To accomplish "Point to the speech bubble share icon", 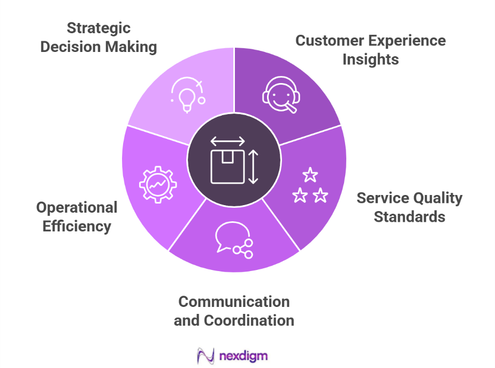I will [x=233, y=238].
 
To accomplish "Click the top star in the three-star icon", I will [x=309, y=175].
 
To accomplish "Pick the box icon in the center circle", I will [x=227, y=166].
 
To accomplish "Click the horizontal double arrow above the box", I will [x=227, y=141].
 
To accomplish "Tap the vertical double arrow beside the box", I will [x=254, y=167].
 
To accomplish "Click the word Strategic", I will [x=98, y=28].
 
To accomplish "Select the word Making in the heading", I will [x=131, y=47].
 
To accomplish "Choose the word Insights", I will [x=370, y=59].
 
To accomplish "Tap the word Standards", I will [x=409, y=217].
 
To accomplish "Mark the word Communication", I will [x=234, y=301].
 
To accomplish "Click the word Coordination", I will [x=249, y=320].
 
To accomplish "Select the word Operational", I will [x=77, y=207].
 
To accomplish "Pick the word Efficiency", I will [x=77, y=226].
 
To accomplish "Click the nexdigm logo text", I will [x=243, y=355].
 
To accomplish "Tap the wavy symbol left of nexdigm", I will [x=205, y=356].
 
